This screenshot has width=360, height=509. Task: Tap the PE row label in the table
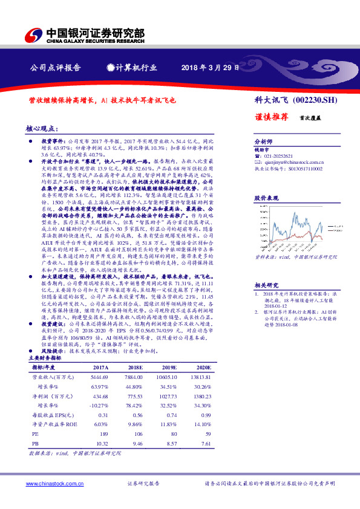[x=34, y=433]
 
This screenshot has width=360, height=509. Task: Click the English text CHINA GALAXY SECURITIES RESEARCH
[x=95, y=42]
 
